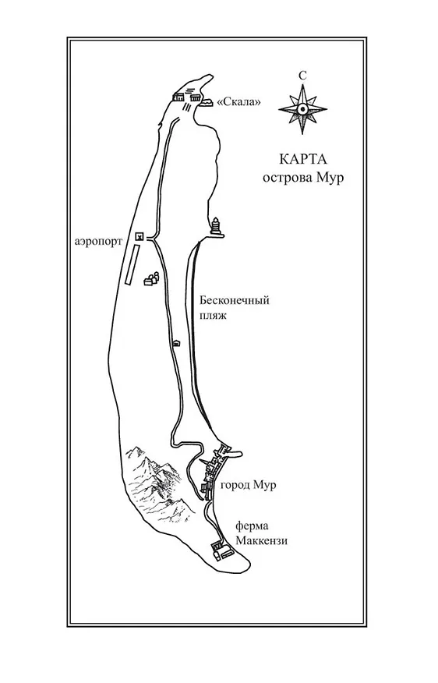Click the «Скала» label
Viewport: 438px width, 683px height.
[x=239, y=102]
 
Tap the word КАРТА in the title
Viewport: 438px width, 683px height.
[x=302, y=159]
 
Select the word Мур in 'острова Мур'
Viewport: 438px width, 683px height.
[x=332, y=178]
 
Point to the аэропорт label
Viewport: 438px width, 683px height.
[x=98, y=242]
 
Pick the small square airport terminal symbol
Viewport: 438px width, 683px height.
[x=140, y=236]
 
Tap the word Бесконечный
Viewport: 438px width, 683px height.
[x=235, y=300]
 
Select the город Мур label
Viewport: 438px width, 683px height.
[x=248, y=485]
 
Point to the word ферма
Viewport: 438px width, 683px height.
[x=252, y=526]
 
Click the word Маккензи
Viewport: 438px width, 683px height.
[x=262, y=541]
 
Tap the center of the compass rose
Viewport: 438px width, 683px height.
[x=302, y=109]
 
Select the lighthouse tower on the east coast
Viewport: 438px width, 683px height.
[x=216, y=227]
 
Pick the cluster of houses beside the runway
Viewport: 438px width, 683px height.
[x=150, y=278]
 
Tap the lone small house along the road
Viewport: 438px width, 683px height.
[x=176, y=343]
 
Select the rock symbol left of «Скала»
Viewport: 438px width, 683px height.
[x=207, y=103]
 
